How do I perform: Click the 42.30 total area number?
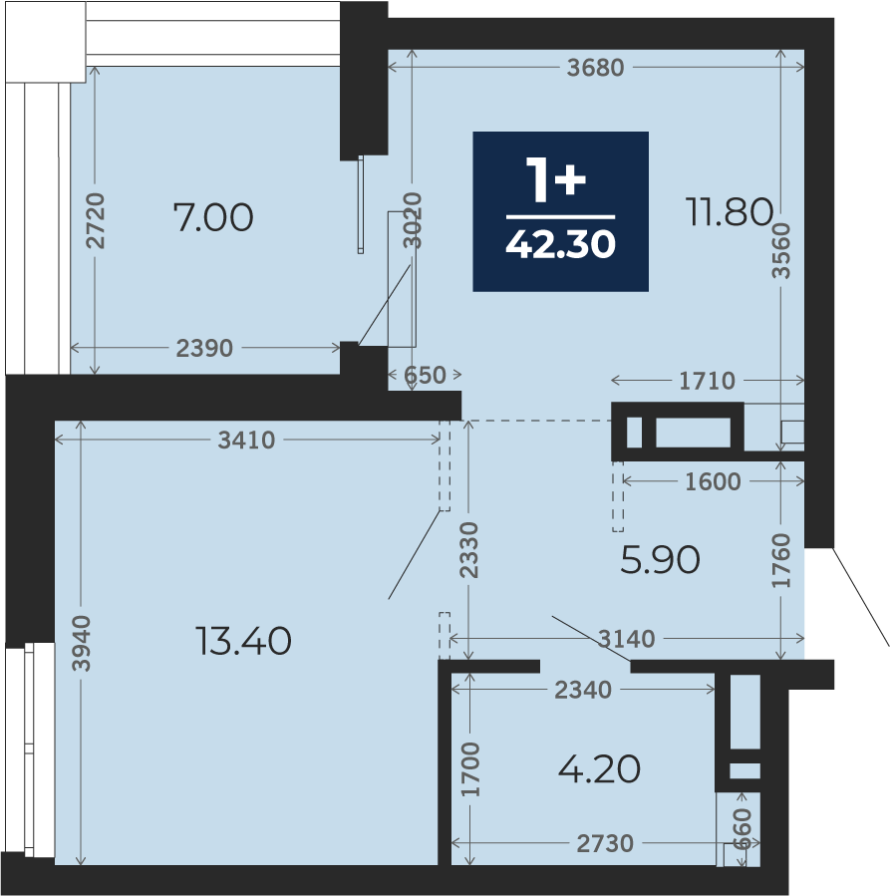[x=560, y=244]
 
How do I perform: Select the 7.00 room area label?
[x=213, y=217]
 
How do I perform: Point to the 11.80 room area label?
[x=730, y=211]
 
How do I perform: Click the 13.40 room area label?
[x=243, y=640]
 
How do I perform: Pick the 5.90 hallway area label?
[x=660, y=559]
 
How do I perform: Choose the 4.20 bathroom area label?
[x=599, y=768]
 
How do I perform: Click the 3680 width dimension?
[x=595, y=68]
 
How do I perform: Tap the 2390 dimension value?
[x=204, y=348]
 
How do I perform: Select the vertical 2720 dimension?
[x=96, y=220]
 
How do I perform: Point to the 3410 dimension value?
[x=246, y=440]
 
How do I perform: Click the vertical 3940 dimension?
[x=81, y=643]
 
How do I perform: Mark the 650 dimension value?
[x=425, y=376]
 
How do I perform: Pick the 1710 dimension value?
[x=707, y=381]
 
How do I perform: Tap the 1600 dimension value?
[x=713, y=481]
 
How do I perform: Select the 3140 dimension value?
[x=626, y=638]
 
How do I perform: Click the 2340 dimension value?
[x=583, y=691]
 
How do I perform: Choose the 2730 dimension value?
[x=605, y=843]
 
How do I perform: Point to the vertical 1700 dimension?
[x=470, y=769]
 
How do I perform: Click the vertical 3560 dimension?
[x=781, y=250]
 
